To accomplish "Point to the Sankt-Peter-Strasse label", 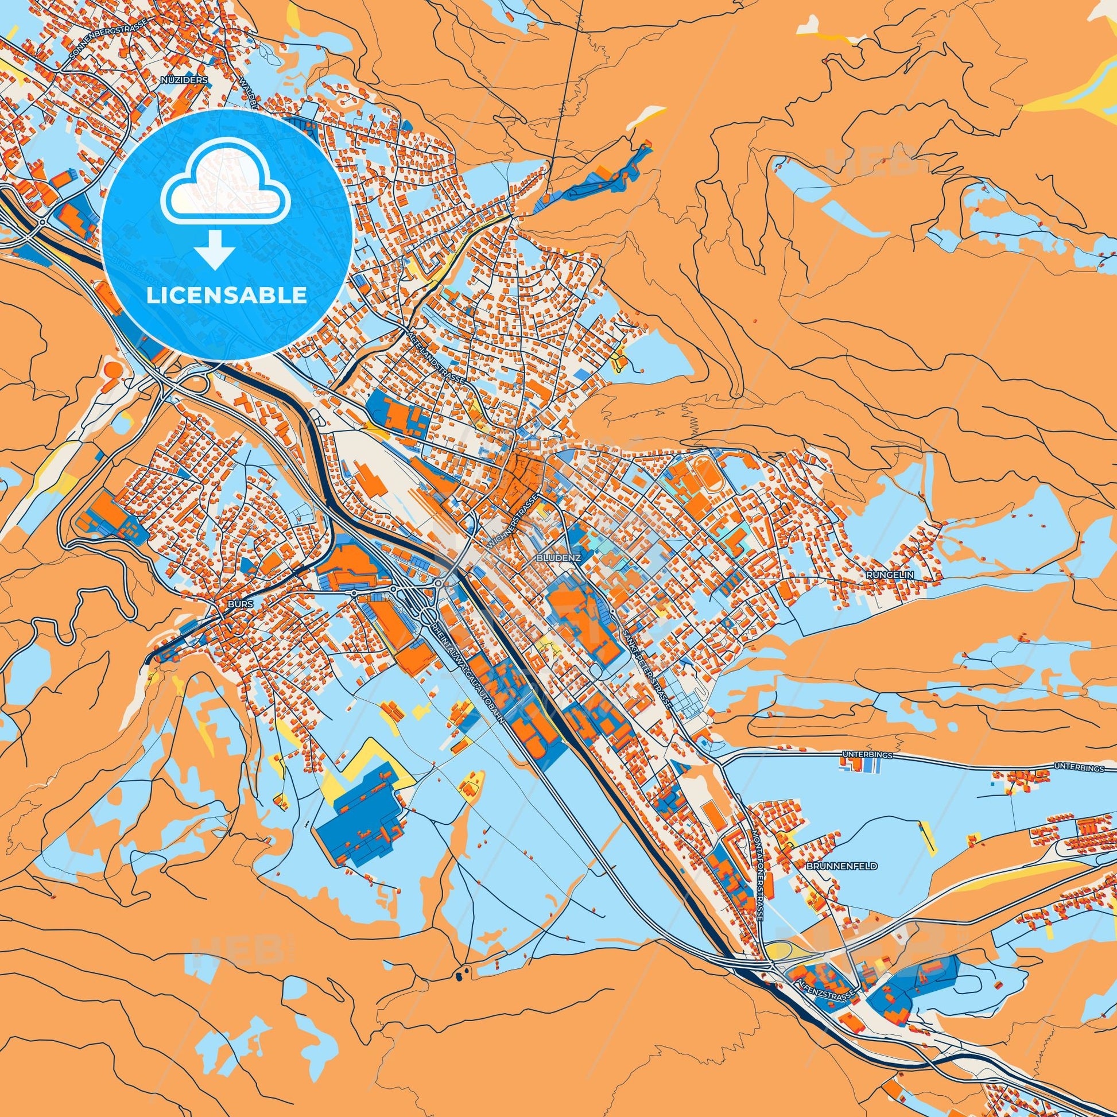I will coord(648,670).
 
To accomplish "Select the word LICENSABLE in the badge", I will coord(227,296).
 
